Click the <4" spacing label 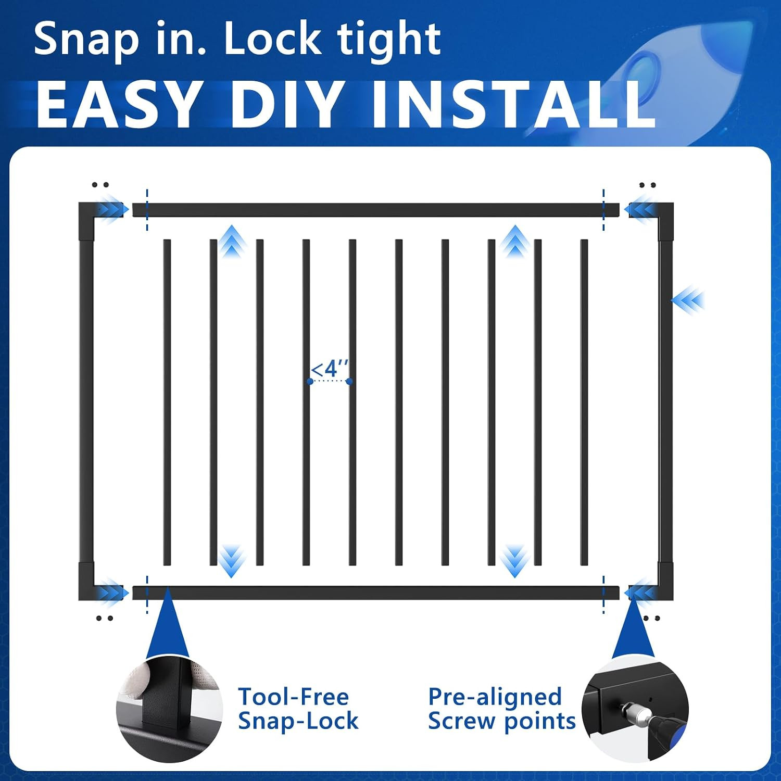[330, 369]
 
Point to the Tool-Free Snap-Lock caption [298, 709]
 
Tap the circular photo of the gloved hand [169, 709]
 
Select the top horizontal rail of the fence [376, 210]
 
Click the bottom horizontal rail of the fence [376, 593]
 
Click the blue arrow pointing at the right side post [688, 300]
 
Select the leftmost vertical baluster [167, 402]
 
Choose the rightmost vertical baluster [584, 402]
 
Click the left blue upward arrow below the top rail [231, 241]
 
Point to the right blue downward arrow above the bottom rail [514, 561]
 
